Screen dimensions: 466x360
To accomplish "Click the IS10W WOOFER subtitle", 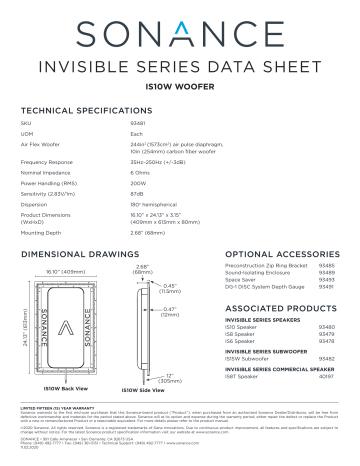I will [180, 87].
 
